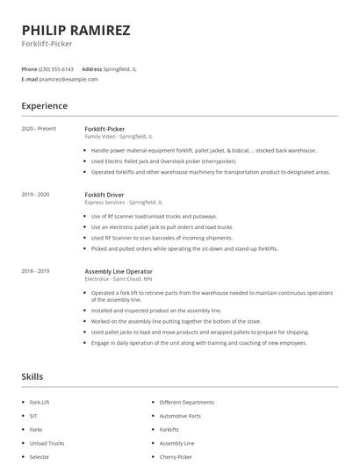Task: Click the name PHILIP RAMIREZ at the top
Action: tap(76, 30)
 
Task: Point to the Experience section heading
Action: tap(44, 106)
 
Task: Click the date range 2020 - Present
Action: tap(39, 129)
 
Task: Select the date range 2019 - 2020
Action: tap(35, 194)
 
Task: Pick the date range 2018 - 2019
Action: tap(35, 271)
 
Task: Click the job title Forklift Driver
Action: tap(104, 194)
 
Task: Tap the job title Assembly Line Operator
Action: tap(119, 271)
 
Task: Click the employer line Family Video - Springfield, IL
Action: tap(119, 137)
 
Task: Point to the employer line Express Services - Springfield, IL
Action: tap(124, 202)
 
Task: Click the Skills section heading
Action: tap(32, 376)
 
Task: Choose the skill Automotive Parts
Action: tap(180, 415)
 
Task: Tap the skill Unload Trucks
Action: tap(47, 443)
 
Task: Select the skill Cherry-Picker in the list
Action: tap(176, 457)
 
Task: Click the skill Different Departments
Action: tap(187, 401)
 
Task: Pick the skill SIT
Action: tap(33, 415)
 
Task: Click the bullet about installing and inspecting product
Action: tap(156, 311)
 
